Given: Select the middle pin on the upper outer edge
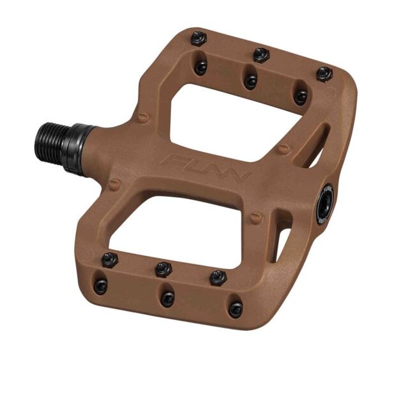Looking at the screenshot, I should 260,55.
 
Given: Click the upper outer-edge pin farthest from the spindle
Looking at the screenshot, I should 324,73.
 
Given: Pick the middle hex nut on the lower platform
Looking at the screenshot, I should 164,268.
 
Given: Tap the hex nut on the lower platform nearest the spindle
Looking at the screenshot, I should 110,259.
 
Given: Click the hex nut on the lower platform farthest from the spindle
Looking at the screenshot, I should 218,277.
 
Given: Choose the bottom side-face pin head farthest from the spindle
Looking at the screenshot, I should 236,310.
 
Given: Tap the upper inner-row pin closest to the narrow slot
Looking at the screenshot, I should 300,96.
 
